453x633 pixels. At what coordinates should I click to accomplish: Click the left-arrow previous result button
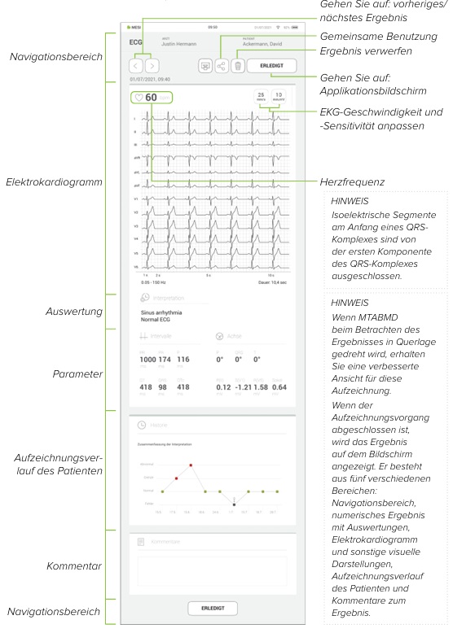[x=136, y=65]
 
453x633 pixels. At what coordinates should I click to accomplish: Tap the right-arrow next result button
[x=152, y=65]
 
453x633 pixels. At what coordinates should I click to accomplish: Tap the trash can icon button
[x=238, y=65]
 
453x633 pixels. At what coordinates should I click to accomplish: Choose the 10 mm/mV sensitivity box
[x=278, y=98]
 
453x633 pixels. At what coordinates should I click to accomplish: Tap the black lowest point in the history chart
[x=234, y=505]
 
